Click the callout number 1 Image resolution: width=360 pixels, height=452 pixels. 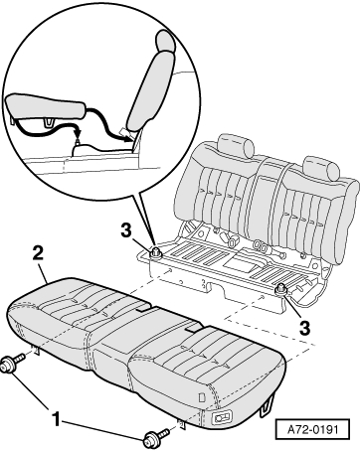pos(57,418)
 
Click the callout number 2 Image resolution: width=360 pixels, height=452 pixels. pos(38,253)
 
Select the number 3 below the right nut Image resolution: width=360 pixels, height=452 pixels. pos(304,328)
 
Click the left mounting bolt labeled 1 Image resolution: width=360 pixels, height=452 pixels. pos(12,364)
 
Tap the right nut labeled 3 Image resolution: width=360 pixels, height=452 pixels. pos(281,289)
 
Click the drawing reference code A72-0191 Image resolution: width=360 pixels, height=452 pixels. pos(312,430)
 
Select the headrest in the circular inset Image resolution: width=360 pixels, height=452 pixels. pos(166,41)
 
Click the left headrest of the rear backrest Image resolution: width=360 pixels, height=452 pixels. pos(236,145)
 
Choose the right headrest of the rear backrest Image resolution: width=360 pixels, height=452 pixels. pos(321,168)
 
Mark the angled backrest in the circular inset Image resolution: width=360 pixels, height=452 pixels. pos(151,91)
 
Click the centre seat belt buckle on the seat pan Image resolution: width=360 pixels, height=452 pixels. pos(232,239)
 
